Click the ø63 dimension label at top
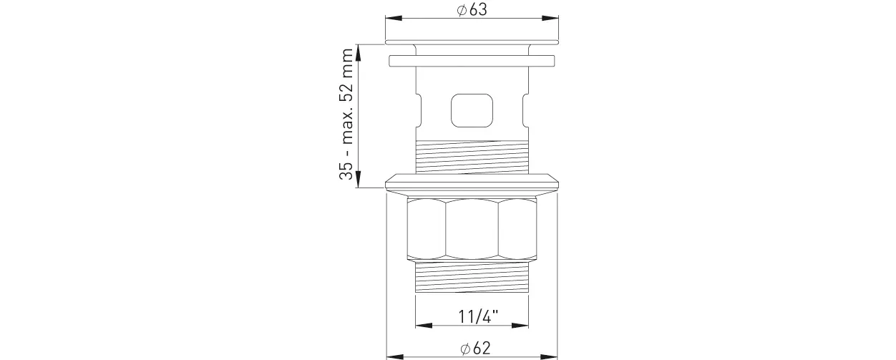(472, 9)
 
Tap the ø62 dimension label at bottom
(475, 348)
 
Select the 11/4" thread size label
(478, 317)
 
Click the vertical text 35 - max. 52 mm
(346, 114)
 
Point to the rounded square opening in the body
(472, 110)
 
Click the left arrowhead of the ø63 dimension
(394, 18)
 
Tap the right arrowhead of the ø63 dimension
(550, 18)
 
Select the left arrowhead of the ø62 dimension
(395, 356)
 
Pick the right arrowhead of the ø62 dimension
(549, 356)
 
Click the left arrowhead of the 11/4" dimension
(424, 326)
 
